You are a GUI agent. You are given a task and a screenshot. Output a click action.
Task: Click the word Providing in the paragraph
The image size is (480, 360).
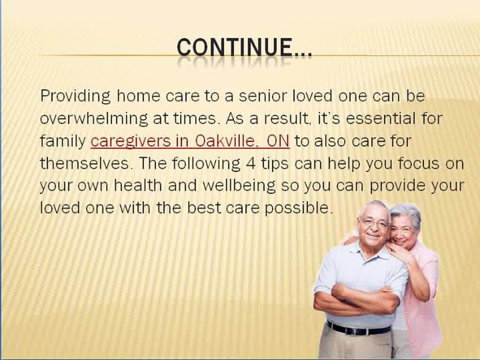(x=75, y=96)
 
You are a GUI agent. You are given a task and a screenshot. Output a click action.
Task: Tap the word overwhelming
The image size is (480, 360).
(x=93, y=119)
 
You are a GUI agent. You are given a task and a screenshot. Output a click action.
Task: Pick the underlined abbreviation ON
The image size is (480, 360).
(x=278, y=141)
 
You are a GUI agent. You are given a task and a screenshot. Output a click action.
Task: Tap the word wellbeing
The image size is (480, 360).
(x=239, y=186)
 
